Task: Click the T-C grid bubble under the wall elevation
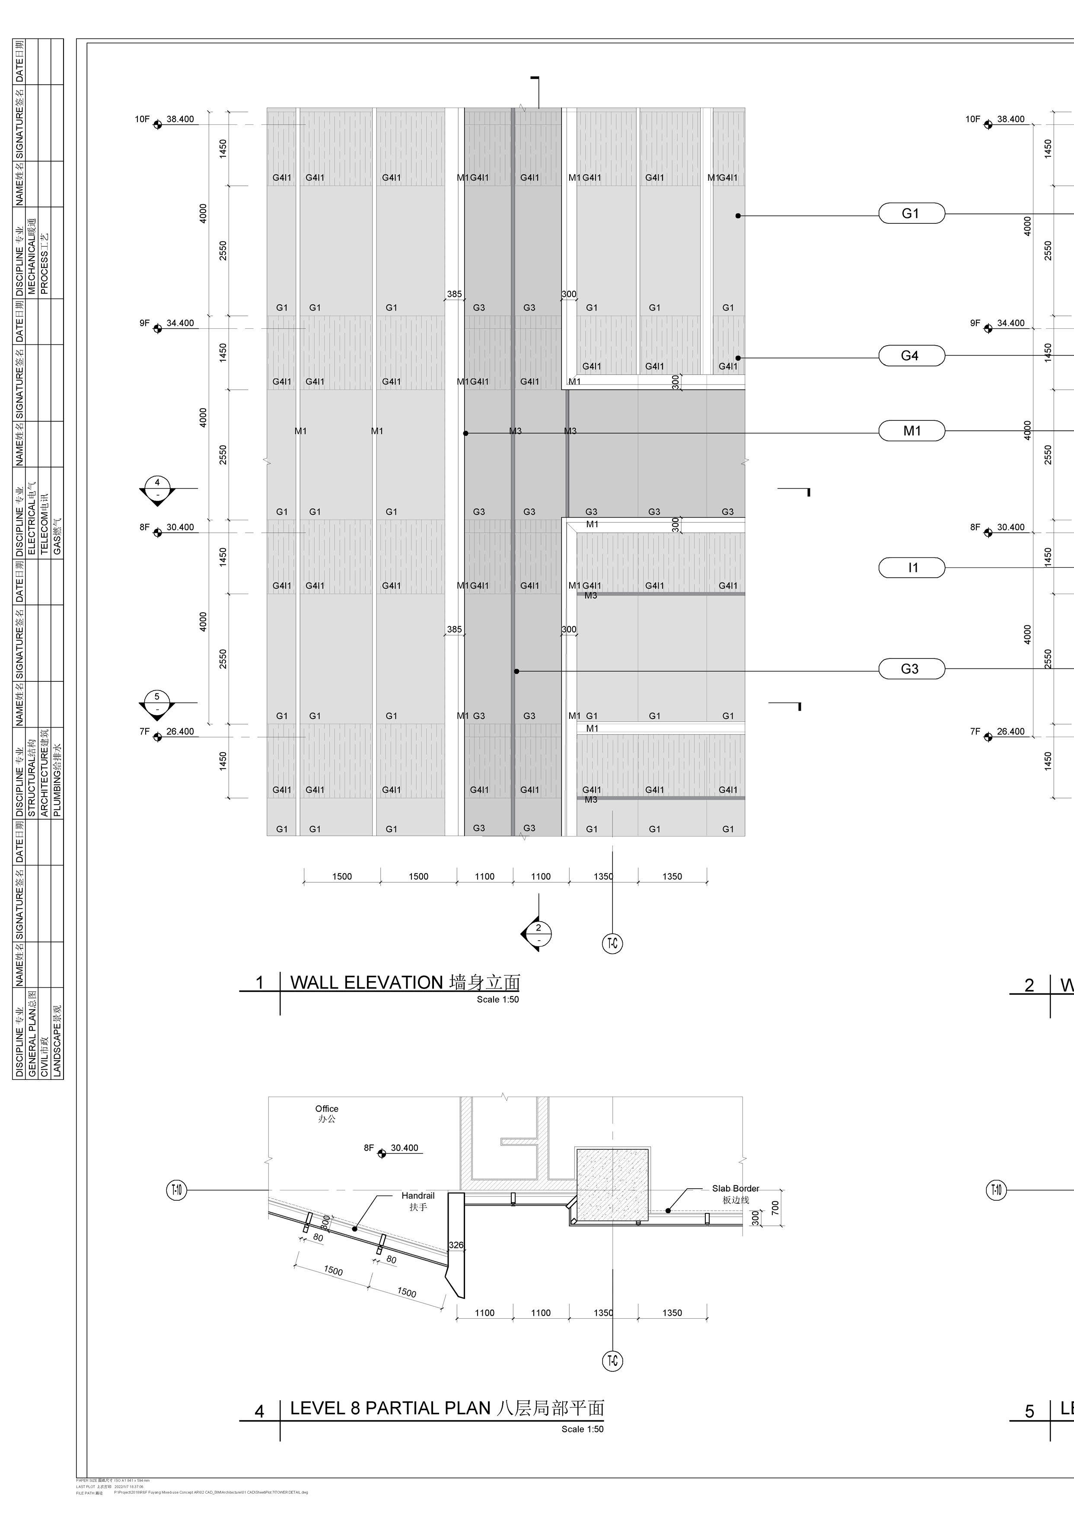point(612,943)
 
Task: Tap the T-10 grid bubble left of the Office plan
point(176,1191)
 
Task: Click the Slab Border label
point(736,1189)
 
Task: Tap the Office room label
point(327,1109)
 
